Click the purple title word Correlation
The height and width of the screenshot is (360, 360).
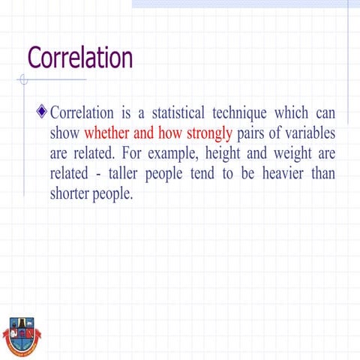79,58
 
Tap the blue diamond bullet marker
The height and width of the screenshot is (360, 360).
42,113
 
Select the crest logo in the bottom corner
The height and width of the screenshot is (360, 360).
21,335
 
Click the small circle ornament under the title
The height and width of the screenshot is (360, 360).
25,79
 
